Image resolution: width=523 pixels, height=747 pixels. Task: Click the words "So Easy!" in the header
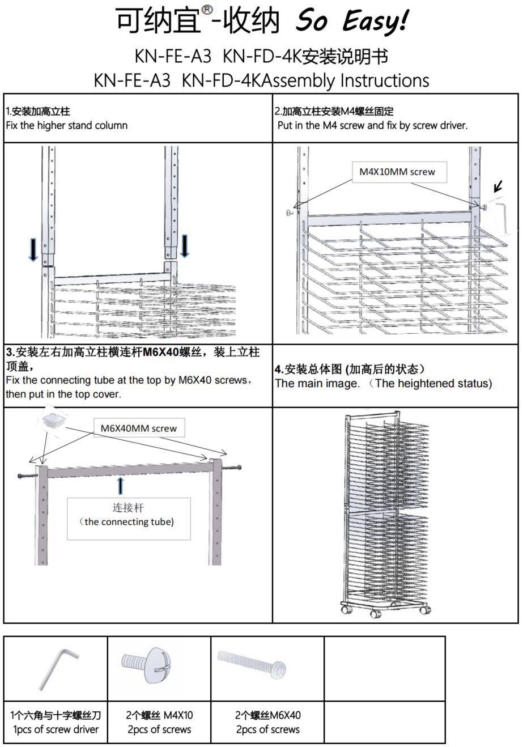coord(351,22)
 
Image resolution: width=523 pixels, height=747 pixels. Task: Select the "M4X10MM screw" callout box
coord(397,172)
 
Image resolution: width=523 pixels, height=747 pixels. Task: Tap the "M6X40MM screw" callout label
coord(138,428)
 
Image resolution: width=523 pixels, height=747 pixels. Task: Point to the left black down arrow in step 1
coord(33,249)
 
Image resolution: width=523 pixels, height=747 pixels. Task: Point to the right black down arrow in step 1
coord(184,245)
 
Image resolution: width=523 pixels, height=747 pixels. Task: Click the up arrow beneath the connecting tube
coord(120,486)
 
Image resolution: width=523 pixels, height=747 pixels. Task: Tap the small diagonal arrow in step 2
coord(499,186)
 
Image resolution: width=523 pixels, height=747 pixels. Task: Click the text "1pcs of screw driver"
coord(56,730)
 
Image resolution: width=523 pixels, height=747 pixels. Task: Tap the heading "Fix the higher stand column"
coord(66,126)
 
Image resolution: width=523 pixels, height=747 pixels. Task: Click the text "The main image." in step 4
coord(317,384)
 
